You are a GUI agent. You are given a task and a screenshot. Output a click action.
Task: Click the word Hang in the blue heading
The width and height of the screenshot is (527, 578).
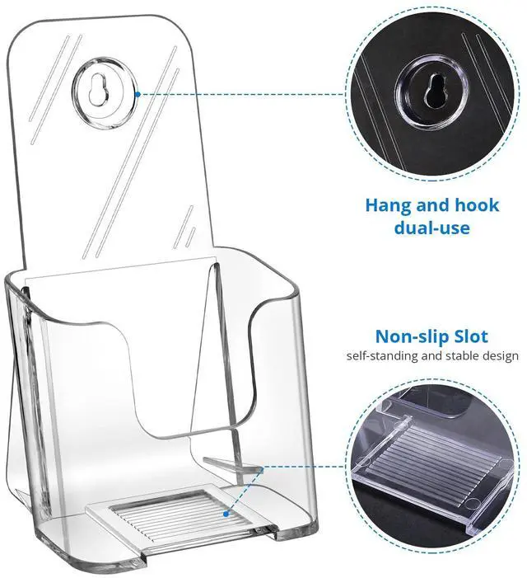389,205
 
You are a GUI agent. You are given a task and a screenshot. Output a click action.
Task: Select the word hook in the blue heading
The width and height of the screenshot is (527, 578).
478,205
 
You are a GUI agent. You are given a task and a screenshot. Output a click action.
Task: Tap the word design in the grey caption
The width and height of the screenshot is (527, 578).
501,355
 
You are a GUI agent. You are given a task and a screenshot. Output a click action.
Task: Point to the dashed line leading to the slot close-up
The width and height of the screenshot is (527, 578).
305,468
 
